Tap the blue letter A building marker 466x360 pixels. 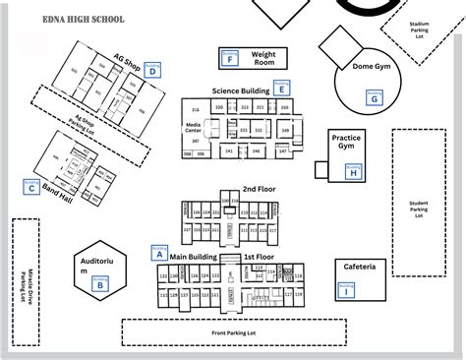156,253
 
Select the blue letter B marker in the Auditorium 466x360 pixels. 100,285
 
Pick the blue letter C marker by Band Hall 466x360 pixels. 32,187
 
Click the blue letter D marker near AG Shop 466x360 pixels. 152,70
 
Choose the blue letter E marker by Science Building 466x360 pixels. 282,89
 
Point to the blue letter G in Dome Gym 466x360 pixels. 373,98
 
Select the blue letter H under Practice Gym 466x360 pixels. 353,172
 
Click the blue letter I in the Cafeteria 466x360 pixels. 345,289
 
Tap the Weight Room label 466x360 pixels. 263,58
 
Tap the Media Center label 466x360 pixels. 194,127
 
